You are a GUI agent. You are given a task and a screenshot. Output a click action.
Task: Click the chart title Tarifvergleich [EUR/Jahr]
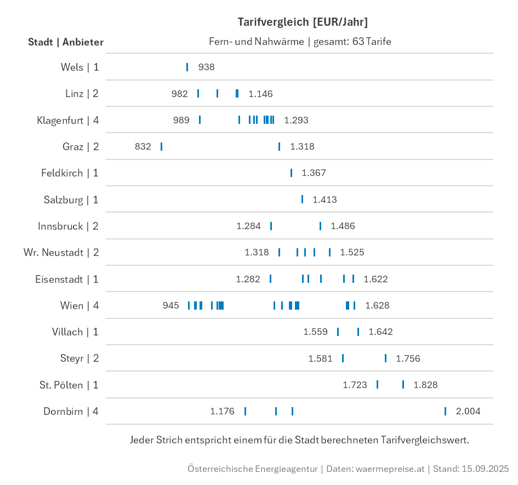pyautogui.click(x=303, y=22)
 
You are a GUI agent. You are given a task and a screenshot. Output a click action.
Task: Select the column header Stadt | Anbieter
pyautogui.click(x=66, y=42)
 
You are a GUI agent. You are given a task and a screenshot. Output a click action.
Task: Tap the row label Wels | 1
pyautogui.click(x=80, y=67)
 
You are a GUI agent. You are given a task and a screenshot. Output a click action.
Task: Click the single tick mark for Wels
pyautogui.click(x=187, y=67)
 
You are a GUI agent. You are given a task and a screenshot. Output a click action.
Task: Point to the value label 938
pyautogui.click(x=207, y=67)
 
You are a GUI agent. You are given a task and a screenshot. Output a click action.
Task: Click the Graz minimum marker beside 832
pyautogui.click(x=161, y=146)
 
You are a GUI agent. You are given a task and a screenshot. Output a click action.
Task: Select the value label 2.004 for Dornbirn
pyautogui.click(x=468, y=411)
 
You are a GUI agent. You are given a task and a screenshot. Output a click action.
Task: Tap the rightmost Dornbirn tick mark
pyautogui.click(x=445, y=411)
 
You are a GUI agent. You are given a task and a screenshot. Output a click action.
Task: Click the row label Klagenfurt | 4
pyautogui.click(x=68, y=120)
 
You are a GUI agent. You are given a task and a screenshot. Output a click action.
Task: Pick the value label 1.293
pyautogui.click(x=296, y=120)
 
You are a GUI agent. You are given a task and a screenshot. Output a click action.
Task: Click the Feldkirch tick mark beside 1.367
pyautogui.click(x=291, y=173)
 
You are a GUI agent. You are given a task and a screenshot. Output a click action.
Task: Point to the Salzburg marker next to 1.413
pyautogui.click(x=302, y=199)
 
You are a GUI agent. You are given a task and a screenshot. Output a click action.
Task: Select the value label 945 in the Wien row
pyautogui.click(x=171, y=305)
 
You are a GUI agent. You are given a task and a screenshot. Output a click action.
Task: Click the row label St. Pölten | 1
pyautogui.click(x=69, y=385)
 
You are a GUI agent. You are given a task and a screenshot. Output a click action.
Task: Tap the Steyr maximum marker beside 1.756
pyautogui.click(x=385, y=358)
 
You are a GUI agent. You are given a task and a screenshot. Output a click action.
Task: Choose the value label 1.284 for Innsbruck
pyautogui.click(x=248, y=226)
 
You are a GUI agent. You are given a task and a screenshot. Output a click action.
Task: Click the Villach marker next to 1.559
pyautogui.click(x=338, y=332)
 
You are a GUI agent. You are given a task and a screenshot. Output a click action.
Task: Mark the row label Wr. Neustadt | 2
pyautogui.click(x=61, y=252)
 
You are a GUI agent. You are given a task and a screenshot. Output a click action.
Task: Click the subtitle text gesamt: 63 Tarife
pyautogui.click(x=352, y=41)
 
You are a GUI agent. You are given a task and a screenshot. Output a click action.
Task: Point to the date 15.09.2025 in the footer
pyautogui.click(x=485, y=469)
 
